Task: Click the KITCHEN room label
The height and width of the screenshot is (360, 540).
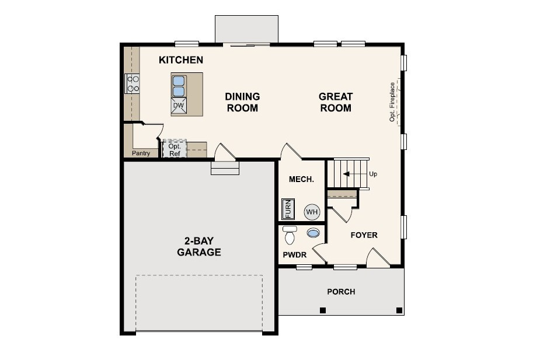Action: tap(181, 60)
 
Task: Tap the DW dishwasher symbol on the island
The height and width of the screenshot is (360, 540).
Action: tap(179, 106)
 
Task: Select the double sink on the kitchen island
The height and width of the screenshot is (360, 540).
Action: tap(179, 86)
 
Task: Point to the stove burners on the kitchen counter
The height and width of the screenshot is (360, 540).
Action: tap(133, 84)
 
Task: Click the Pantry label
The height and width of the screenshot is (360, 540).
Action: tap(141, 153)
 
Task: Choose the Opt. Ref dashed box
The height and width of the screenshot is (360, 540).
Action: tap(174, 149)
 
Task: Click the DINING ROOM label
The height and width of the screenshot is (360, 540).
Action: tap(242, 102)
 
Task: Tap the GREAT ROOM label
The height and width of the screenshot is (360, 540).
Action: tap(336, 102)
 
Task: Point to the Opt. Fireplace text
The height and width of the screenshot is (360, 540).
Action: tap(392, 102)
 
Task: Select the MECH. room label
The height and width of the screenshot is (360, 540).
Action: tap(301, 180)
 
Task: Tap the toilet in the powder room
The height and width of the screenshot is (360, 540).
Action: tap(290, 235)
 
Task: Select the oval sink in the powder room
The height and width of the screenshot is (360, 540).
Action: tap(313, 233)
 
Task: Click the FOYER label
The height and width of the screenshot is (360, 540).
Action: tap(364, 235)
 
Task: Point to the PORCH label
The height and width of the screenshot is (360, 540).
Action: tap(341, 292)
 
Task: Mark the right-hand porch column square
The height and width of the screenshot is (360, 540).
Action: tap(399, 310)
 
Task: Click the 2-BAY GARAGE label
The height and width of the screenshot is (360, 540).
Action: tap(198, 247)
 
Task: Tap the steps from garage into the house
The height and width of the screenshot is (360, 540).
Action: tap(225, 169)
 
